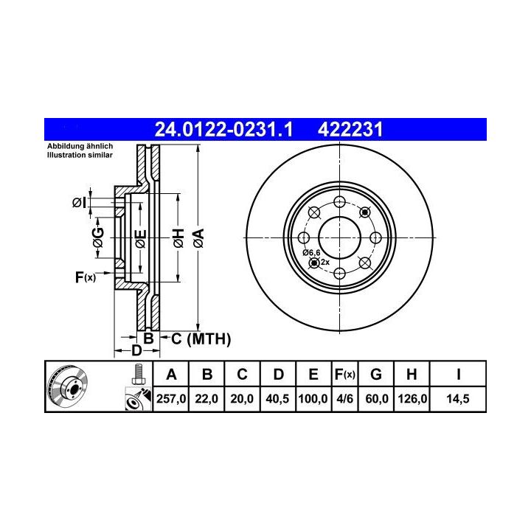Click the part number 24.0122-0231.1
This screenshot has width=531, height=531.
coord(223,129)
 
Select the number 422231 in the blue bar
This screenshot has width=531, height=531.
coord(350,129)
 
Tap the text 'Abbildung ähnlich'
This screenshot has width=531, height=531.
coord(80,146)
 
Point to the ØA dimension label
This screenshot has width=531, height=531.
coord(199,238)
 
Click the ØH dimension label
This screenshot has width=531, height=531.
coord(178,238)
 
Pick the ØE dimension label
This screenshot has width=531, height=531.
coord(141,239)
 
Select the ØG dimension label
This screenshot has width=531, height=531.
coord(98,237)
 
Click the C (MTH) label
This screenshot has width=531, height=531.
coord(201,339)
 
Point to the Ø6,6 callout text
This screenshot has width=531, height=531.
coord(311,252)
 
